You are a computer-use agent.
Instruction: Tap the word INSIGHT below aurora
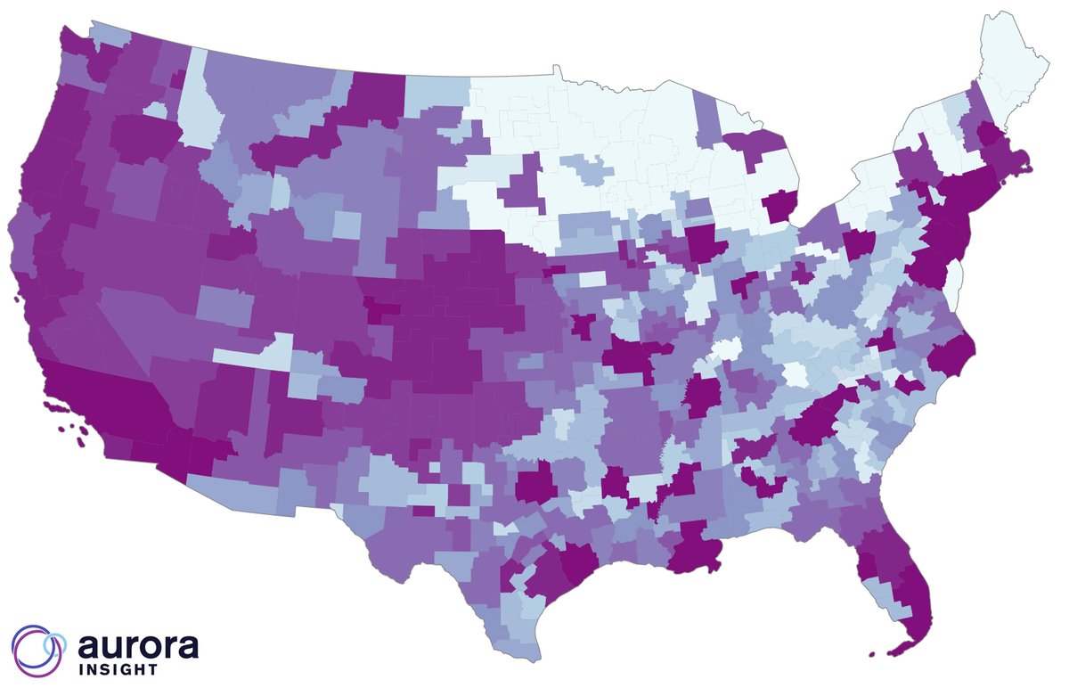tap(118, 668)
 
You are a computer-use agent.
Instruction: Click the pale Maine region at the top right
tap(1010, 71)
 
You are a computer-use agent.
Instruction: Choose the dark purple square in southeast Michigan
tap(782, 207)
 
